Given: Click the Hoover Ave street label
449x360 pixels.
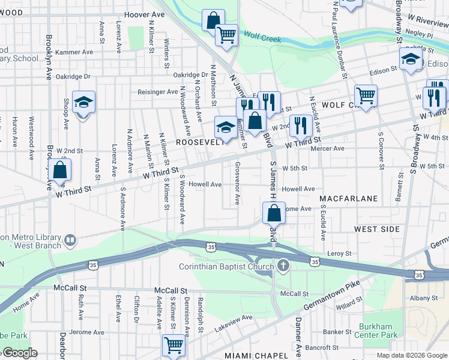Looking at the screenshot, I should coord(144,14).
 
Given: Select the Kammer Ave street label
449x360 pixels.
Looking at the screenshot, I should coord(74,52).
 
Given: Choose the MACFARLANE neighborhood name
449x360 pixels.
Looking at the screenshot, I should coord(348,198).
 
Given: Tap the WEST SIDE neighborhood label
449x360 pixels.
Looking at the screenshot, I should coord(376,229).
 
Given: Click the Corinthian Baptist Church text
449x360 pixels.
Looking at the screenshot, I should coord(228,266).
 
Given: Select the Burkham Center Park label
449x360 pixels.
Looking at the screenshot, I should coord(378,331).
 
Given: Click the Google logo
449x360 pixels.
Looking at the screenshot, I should coord(19,353).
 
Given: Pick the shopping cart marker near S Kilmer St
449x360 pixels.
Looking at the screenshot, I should coord(173,345).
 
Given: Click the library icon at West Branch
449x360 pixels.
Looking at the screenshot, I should coord(71,241).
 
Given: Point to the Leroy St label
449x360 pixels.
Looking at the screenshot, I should coord(340,254).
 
